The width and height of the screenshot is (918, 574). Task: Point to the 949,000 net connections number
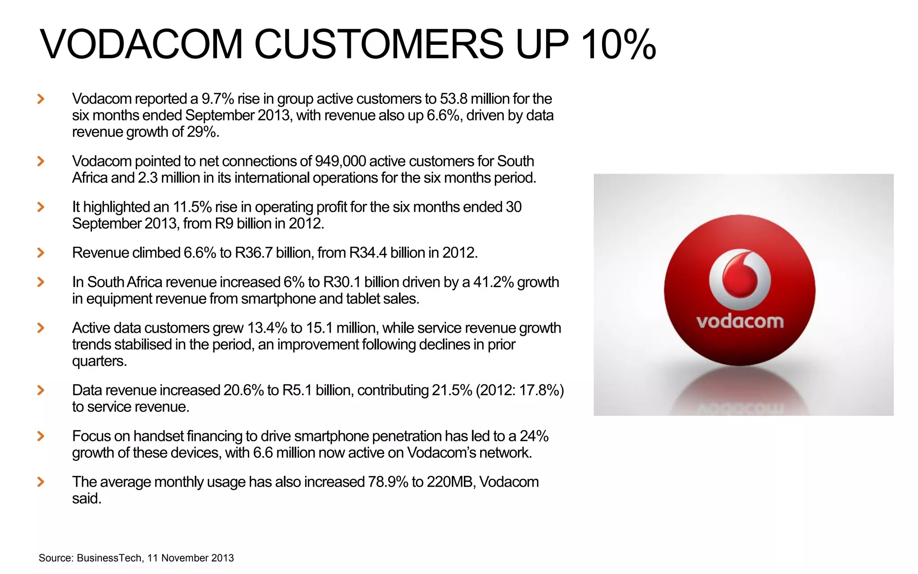coord(340,161)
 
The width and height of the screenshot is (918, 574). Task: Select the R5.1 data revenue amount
coord(297,390)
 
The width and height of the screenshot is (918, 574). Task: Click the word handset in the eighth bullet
coord(158,436)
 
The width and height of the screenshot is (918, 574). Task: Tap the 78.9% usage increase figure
coord(388,482)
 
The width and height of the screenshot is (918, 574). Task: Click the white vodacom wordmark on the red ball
coord(740,322)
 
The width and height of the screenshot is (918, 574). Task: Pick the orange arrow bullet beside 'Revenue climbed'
coord(41,253)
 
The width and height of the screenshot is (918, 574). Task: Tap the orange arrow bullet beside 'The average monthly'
coord(41,482)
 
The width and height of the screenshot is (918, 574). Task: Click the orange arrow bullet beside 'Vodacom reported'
coord(41,99)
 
